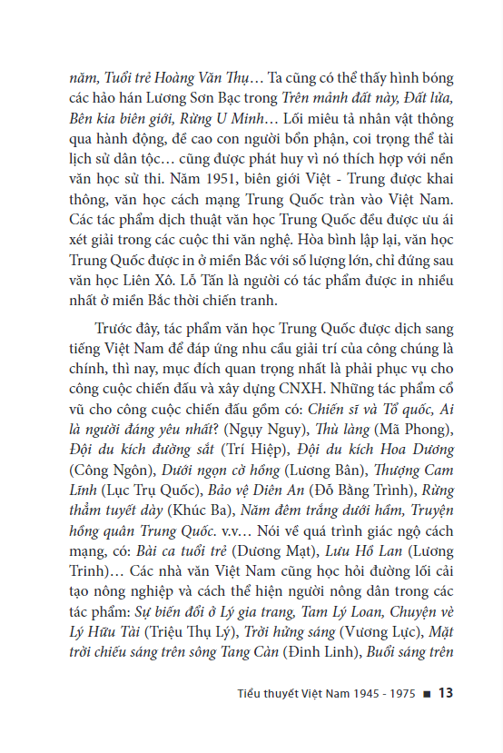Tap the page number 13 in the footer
point(444,694)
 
